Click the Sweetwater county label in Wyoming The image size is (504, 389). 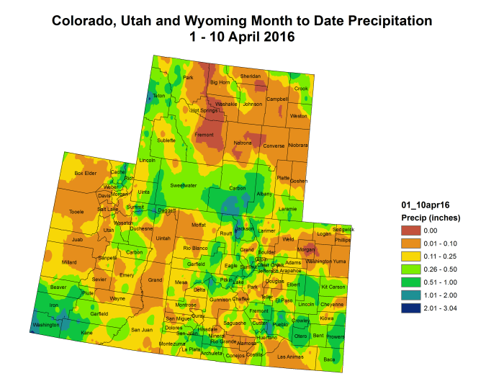[x=184, y=185]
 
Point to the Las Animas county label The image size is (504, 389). [x=290, y=357]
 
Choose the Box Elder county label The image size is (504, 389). [x=85, y=174]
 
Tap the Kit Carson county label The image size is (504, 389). [x=333, y=287]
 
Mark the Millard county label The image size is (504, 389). [x=70, y=262]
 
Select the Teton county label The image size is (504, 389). [x=159, y=96]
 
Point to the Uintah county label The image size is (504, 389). [x=163, y=238]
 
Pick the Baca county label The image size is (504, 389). [x=330, y=359]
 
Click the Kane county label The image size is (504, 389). [x=86, y=333]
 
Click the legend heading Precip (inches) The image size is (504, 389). [x=430, y=218]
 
